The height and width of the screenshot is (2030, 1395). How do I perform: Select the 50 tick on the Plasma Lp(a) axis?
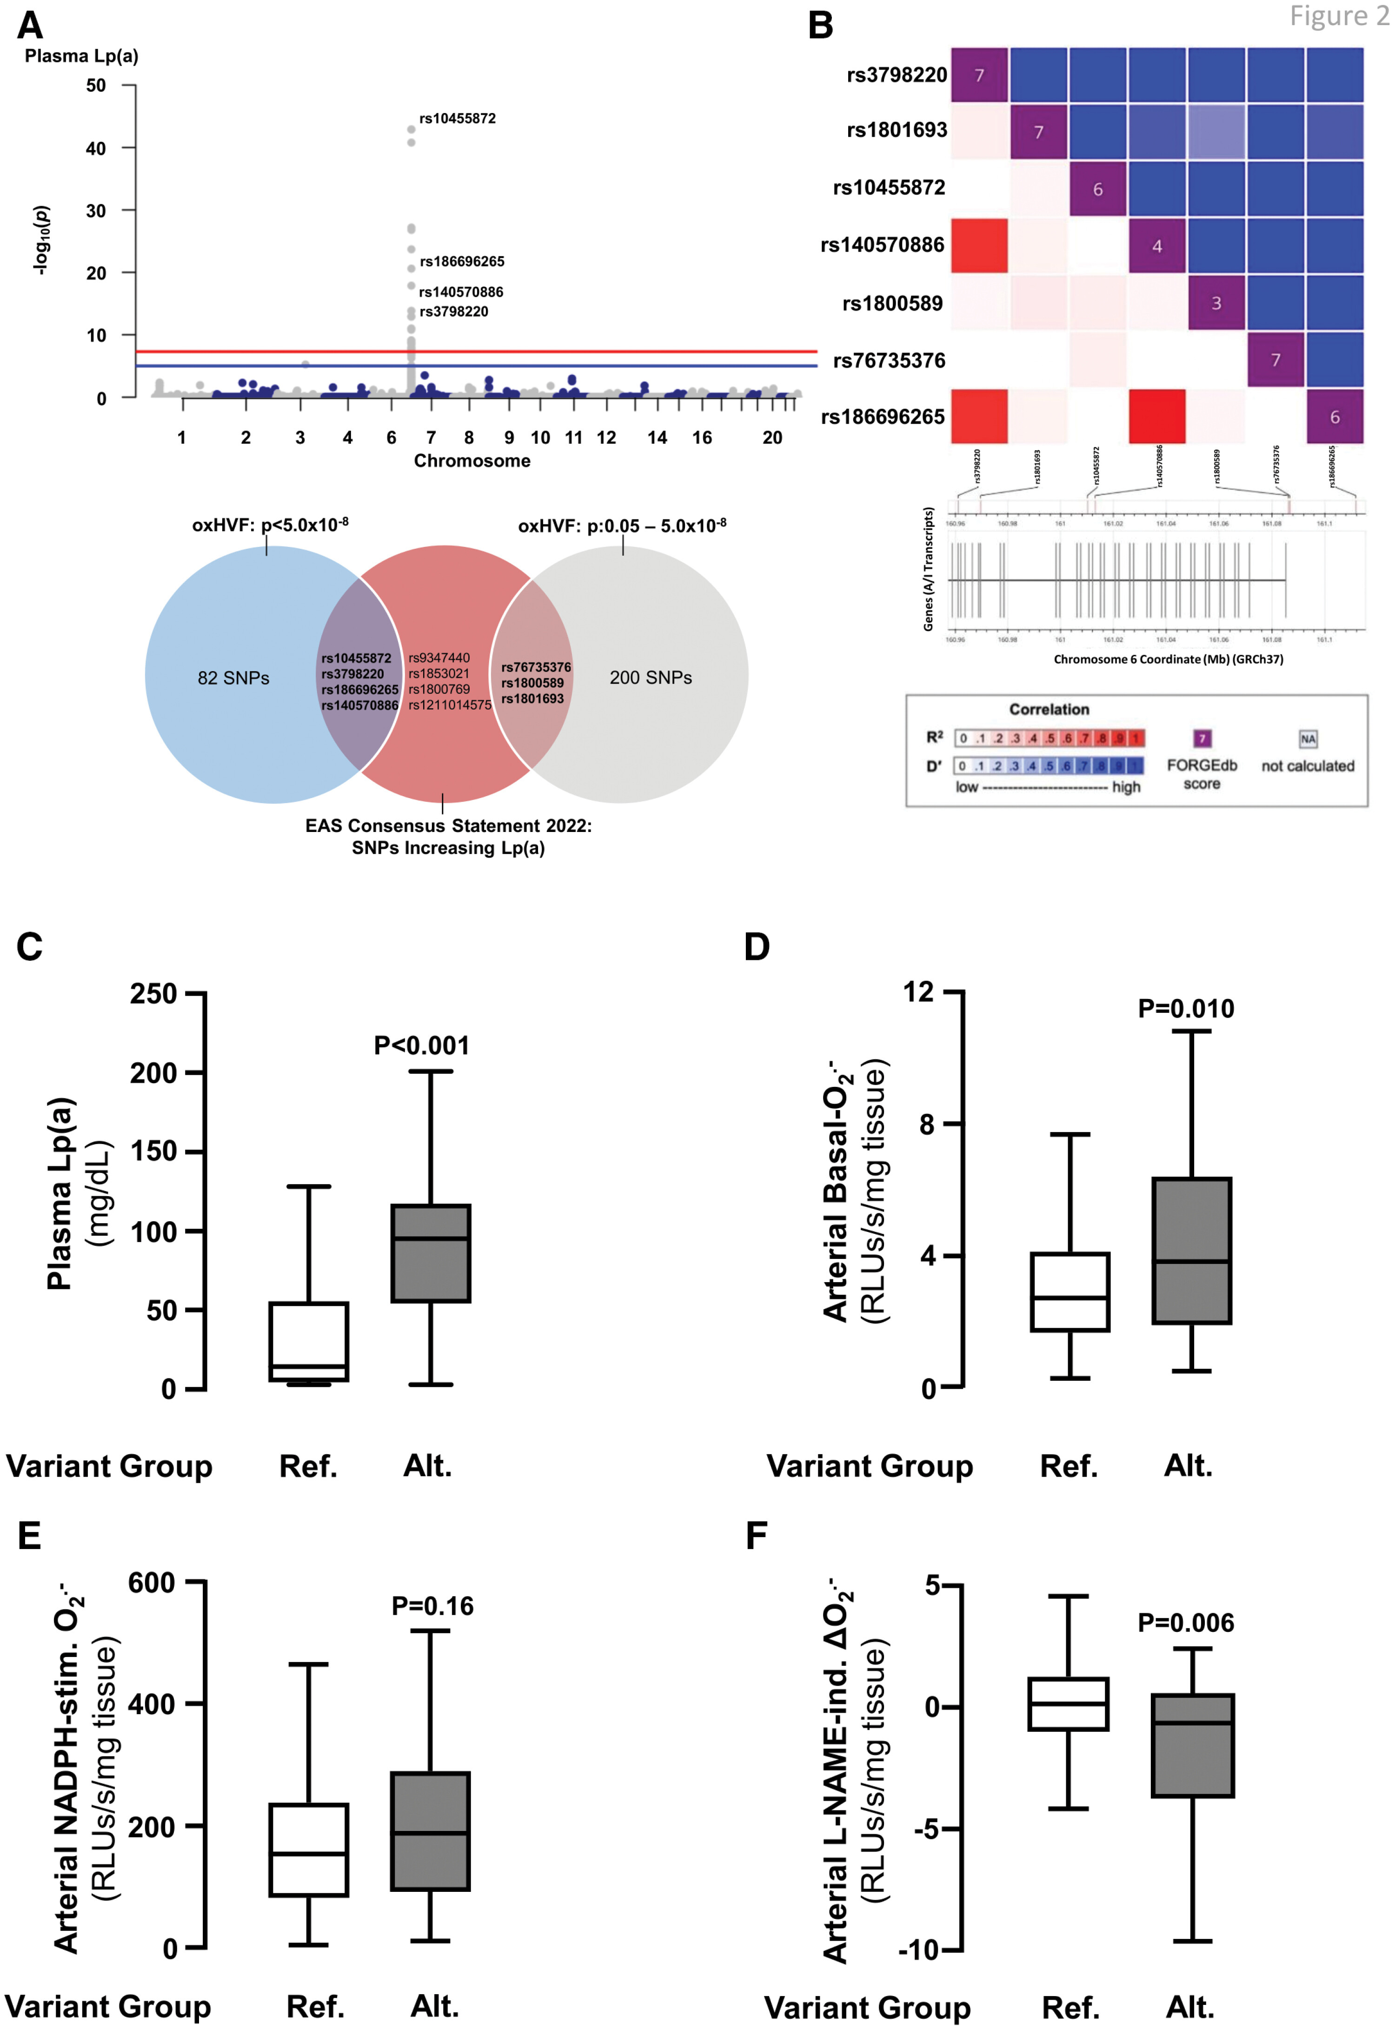96,86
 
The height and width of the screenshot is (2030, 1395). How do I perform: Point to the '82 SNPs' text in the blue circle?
233,679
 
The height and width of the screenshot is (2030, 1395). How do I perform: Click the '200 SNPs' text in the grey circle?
650,678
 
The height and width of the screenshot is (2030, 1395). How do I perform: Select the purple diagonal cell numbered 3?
1216,303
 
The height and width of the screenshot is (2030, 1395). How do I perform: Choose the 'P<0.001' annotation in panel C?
421,1045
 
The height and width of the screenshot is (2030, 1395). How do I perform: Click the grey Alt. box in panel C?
431,1254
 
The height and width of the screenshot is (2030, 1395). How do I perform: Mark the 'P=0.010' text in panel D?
1186,1009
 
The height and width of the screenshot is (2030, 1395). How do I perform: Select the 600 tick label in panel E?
152,1583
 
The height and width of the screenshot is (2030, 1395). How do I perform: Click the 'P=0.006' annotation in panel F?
1186,1624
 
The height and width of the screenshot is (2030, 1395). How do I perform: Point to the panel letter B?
820,26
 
